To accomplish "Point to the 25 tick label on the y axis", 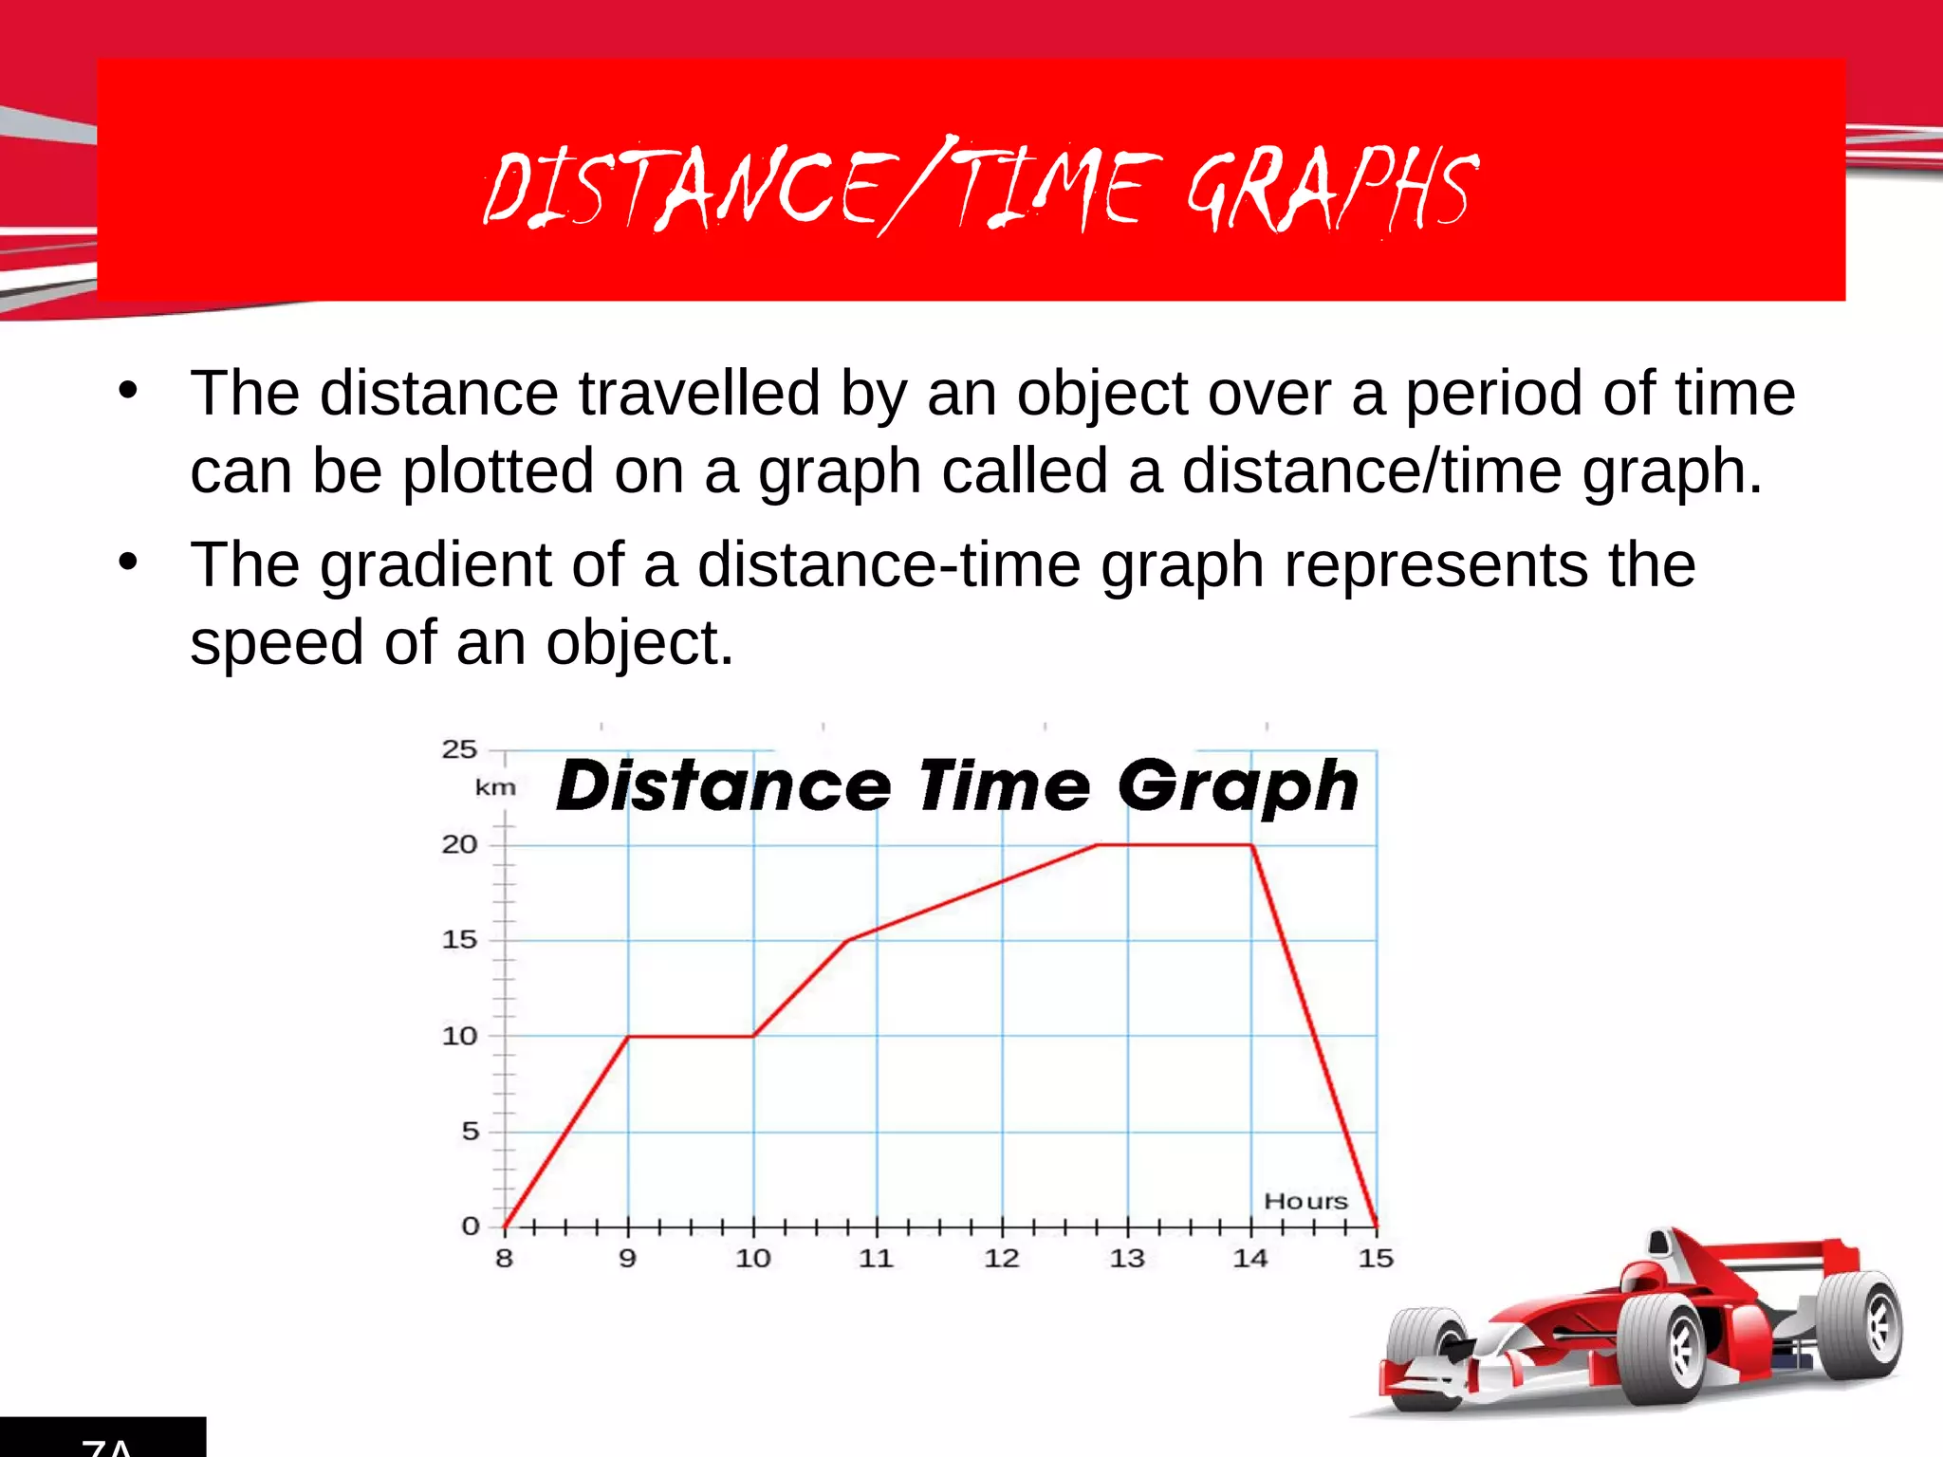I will click(x=459, y=749).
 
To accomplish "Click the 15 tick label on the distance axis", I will click(x=459, y=940).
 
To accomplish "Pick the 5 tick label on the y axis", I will click(x=470, y=1131).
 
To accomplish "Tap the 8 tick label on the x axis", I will click(x=504, y=1259).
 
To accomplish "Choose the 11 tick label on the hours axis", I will click(x=876, y=1259).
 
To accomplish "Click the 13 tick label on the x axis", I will click(x=1127, y=1259).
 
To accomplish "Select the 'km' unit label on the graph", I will click(x=495, y=787).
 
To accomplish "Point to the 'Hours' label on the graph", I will click(x=1305, y=1201).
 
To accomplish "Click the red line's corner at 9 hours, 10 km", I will click(x=628, y=1036).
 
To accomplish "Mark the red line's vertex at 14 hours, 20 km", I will click(x=1252, y=844).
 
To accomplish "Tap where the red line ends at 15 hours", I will click(x=1377, y=1226).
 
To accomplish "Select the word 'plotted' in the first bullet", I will click(x=497, y=471).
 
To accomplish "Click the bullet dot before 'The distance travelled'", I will click(x=128, y=390).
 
